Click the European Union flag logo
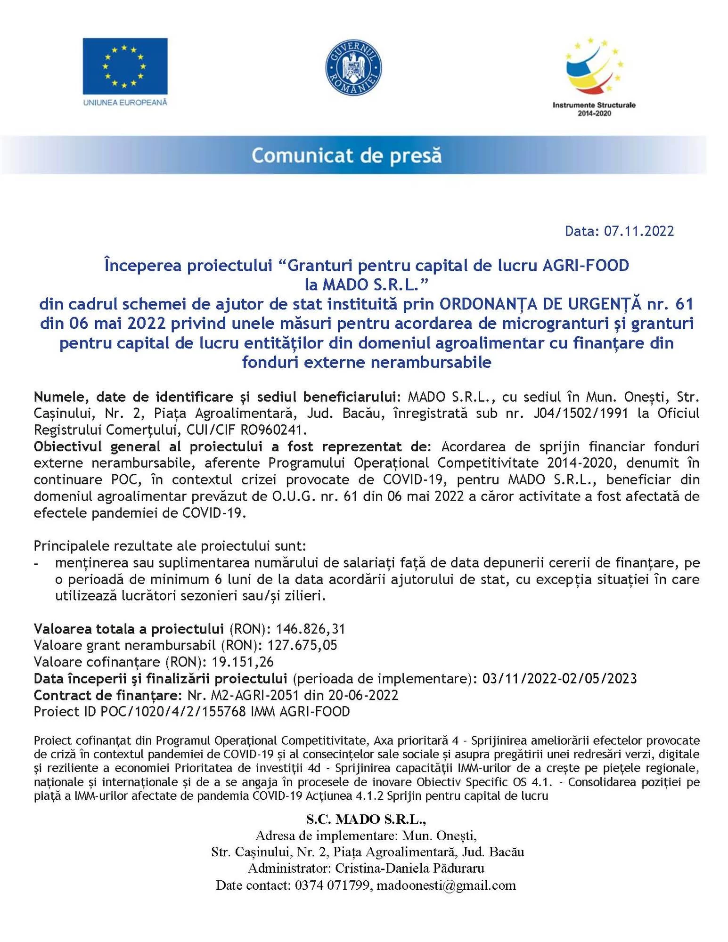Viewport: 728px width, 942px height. pos(125,66)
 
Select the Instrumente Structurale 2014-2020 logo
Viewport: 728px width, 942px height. pos(594,78)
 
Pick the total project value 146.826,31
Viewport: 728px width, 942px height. pos(311,629)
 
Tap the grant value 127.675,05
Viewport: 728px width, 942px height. pos(302,645)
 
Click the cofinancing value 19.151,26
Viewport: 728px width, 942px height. pos(243,662)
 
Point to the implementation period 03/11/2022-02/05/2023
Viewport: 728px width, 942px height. pos(559,679)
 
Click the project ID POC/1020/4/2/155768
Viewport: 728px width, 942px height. pos(173,712)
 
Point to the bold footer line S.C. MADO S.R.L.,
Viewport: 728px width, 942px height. pos(366,819)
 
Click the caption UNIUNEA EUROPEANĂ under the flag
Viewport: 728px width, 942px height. pos(125,102)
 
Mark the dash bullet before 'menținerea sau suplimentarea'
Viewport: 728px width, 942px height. pos(37,563)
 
